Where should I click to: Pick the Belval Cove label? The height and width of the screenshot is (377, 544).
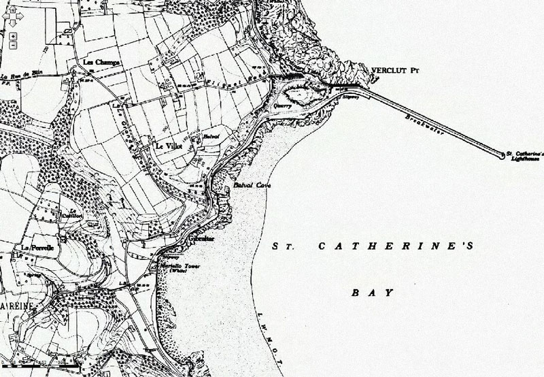pyautogui.click(x=247, y=185)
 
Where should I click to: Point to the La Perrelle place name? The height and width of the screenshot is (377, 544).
pyautogui.click(x=33, y=246)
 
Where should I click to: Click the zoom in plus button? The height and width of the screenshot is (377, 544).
pyautogui.click(x=12, y=35)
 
